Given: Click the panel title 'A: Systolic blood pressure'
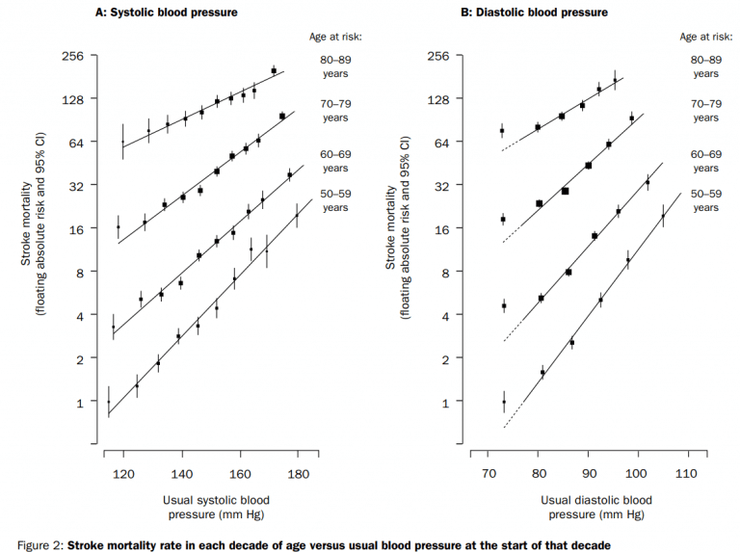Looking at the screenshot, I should tap(167, 13).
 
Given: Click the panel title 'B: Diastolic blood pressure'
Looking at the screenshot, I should tap(534, 13).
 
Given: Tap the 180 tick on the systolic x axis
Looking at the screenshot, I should tap(299, 475).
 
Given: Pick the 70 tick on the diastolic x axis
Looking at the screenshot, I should tap(489, 475).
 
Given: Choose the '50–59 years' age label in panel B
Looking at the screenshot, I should tap(705, 200).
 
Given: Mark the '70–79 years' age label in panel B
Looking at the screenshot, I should tap(705, 110).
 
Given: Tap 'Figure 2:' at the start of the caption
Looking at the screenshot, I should tap(33, 545).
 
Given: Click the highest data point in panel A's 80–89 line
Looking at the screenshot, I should tap(274, 70).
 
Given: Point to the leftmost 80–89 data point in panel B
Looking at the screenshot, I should tap(502, 130).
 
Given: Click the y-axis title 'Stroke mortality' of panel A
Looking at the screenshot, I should tap(26, 231).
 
